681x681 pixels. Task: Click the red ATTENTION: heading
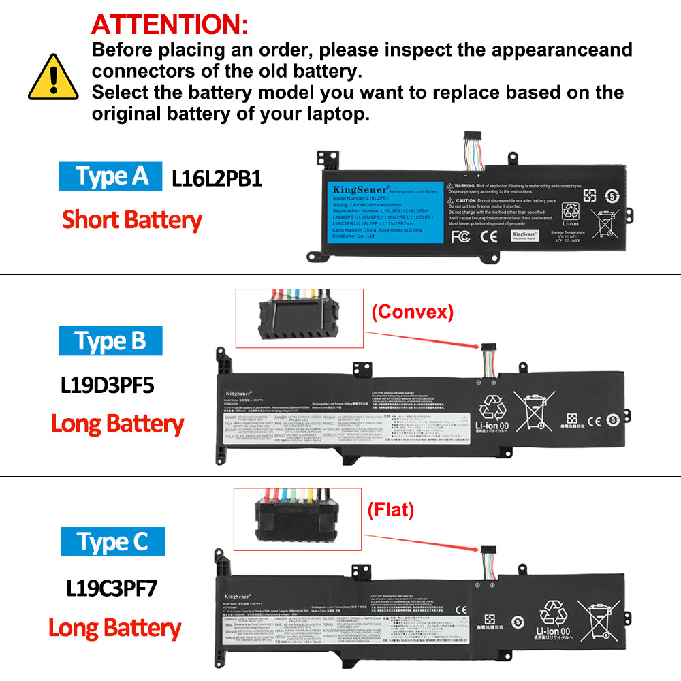point(170,25)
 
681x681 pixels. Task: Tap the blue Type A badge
point(110,176)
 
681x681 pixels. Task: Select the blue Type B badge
point(110,340)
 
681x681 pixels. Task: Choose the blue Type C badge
point(113,542)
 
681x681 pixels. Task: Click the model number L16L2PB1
point(217,178)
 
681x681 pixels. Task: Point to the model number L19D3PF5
point(108,385)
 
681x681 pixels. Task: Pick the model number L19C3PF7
point(112,587)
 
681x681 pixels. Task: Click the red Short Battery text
point(131,220)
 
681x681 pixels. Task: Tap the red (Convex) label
point(412,312)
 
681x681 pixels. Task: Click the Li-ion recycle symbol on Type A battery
point(570,215)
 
